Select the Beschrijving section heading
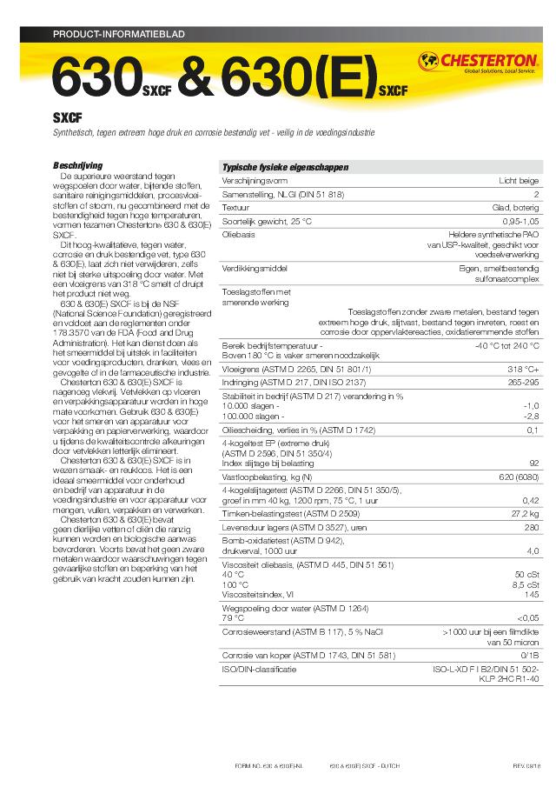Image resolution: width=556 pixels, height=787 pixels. (x=78, y=165)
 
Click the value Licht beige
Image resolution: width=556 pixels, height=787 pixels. (x=519, y=181)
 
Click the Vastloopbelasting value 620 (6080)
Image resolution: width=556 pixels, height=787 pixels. (x=519, y=477)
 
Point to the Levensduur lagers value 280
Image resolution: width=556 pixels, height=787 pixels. (x=531, y=528)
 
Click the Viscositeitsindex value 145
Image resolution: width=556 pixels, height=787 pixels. (x=531, y=595)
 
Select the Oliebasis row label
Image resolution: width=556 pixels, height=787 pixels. (x=239, y=236)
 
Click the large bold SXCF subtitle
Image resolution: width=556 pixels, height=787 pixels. (x=68, y=118)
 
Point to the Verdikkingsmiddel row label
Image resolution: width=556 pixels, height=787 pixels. (x=255, y=269)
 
